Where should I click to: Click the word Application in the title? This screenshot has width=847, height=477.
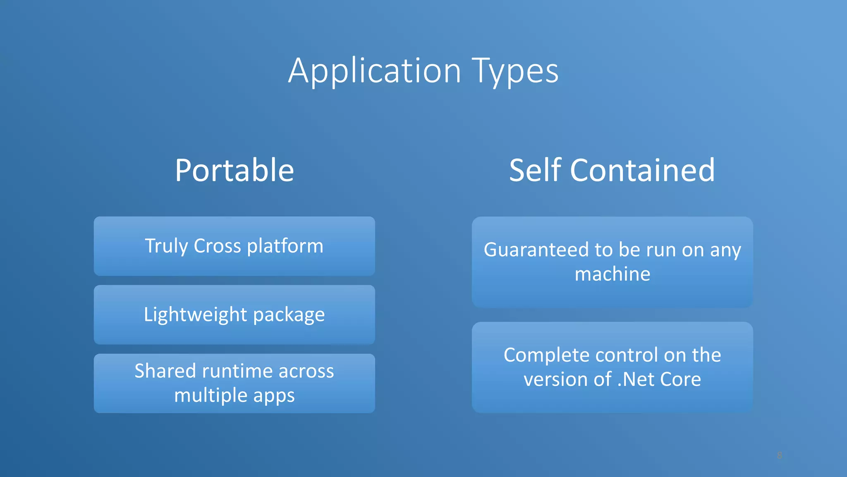pyautogui.click(x=374, y=71)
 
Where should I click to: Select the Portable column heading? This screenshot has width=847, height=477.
pyautogui.click(x=234, y=170)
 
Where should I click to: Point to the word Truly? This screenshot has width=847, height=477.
pyautogui.click(x=166, y=246)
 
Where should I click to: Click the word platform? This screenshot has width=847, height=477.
pyautogui.click(x=285, y=246)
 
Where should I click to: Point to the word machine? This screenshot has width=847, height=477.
pyautogui.click(x=612, y=274)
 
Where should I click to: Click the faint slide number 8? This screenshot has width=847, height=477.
pyautogui.click(x=779, y=455)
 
